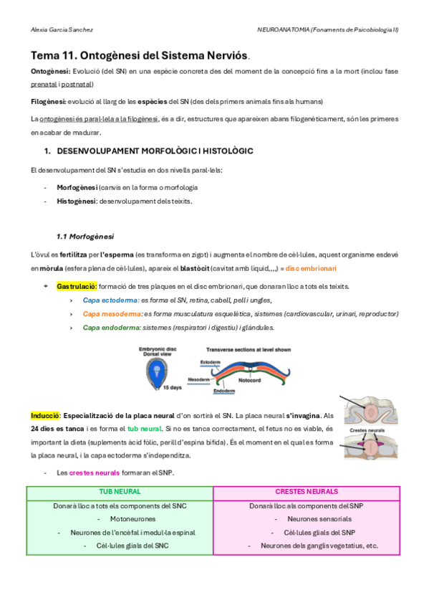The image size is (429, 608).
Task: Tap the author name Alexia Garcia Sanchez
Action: (x=62, y=30)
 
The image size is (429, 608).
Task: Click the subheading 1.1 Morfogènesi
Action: (x=85, y=236)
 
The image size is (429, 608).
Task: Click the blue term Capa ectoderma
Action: (x=110, y=300)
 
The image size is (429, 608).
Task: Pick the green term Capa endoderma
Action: (x=112, y=328)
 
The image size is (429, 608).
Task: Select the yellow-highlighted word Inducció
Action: (x=44, y=415)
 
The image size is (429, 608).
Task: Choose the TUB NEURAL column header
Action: (x=120, y=492)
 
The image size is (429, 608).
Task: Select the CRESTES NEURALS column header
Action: (x=307, y=492)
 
